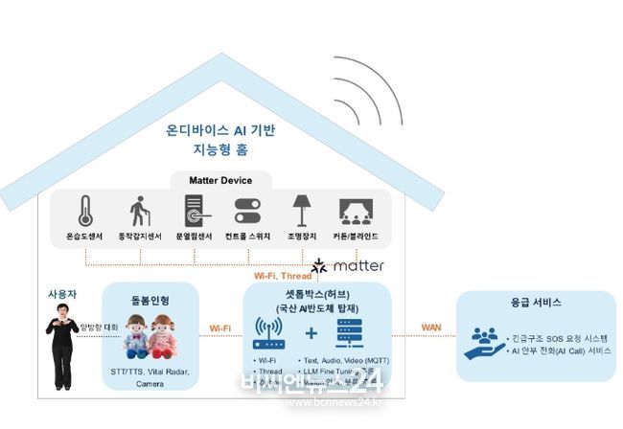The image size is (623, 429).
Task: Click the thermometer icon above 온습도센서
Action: (x=85, y=211)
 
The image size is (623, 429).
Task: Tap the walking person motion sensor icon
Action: (x=140, y=211)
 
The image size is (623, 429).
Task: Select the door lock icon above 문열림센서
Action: (x=194, y=211)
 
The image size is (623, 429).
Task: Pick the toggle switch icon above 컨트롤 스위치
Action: (x=248, y=211)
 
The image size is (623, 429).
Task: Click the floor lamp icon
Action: (x=302, y=211)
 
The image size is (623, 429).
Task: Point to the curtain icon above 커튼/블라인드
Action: (x=356, y=211)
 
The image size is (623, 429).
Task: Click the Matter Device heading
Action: (x=212, y=180)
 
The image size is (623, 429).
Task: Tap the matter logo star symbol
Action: (x=320, y=265)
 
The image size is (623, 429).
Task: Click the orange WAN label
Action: (x=430, y=327)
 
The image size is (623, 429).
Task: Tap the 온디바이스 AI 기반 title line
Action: (x=220, y=129)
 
